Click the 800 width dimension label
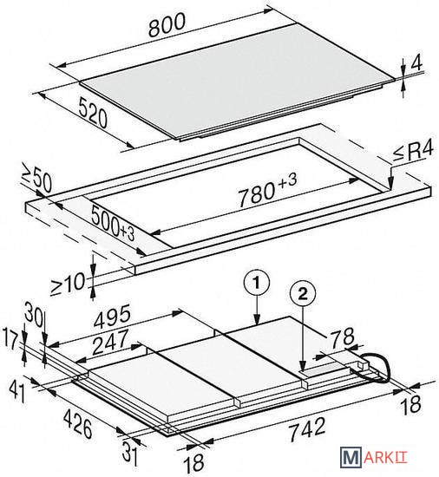pyautogui.click(x=167, y=25)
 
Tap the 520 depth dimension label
pyautogui.click(x=94, y=112)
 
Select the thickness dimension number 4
pyautogui.click(x=416, y=62)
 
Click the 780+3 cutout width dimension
pyautogui.click(x=267, y=189)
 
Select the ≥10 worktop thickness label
pyautogui.click(x=68, y=284)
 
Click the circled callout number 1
pyautogui.click(x=257, y=284)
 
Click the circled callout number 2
pyautogui.click(x=303, y=294)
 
